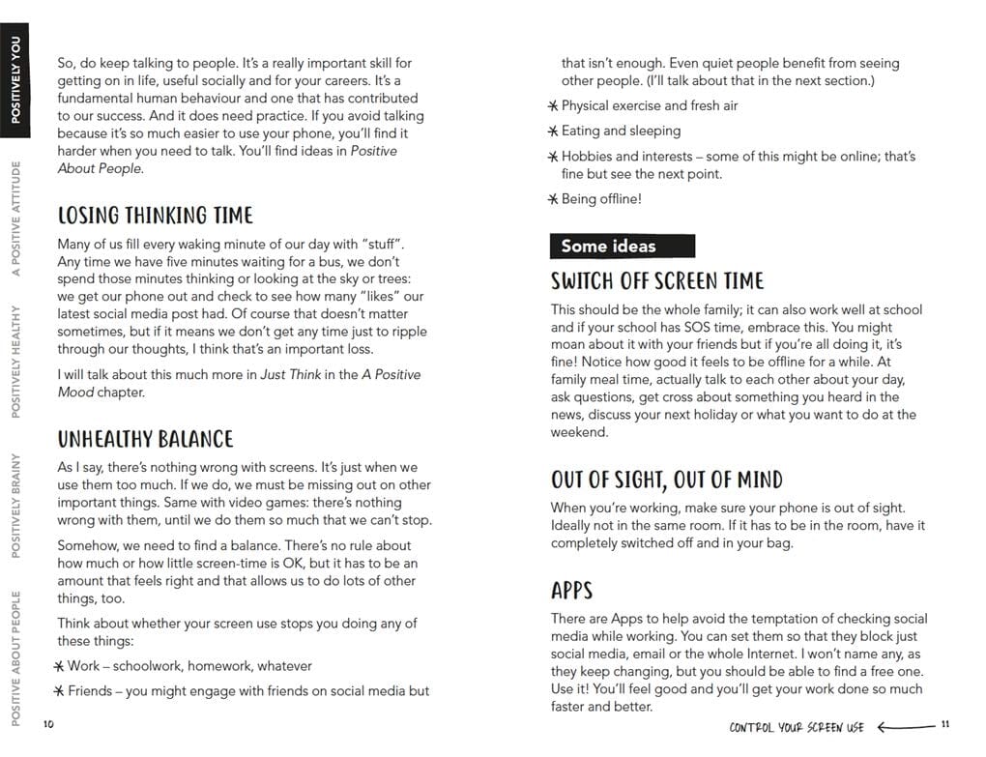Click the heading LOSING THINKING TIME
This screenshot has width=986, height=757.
coord(155,216)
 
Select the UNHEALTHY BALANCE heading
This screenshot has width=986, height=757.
coord(145,439)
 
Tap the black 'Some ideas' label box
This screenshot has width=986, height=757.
coord(622,246)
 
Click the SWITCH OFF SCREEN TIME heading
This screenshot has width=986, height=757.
coord(657,281)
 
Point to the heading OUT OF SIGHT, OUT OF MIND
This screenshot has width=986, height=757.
coord(666,480)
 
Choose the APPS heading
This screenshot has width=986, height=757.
coord(571,591)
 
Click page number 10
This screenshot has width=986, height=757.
coord(48,725)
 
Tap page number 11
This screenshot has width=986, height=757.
coord(945,725)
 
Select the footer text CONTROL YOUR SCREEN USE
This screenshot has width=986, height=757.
coord(797,726)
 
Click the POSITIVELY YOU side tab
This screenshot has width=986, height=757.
coord(15,77)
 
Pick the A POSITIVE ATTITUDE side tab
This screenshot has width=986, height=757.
coord(15,219)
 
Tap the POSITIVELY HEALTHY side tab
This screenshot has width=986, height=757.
coord(15,362)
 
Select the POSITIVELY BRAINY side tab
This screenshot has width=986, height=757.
coord(15,506)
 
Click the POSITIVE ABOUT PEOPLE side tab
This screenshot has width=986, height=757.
coord(15,656)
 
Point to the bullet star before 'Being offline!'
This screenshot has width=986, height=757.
coord(553,199)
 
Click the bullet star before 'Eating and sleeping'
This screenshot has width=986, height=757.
coord(553,131)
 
